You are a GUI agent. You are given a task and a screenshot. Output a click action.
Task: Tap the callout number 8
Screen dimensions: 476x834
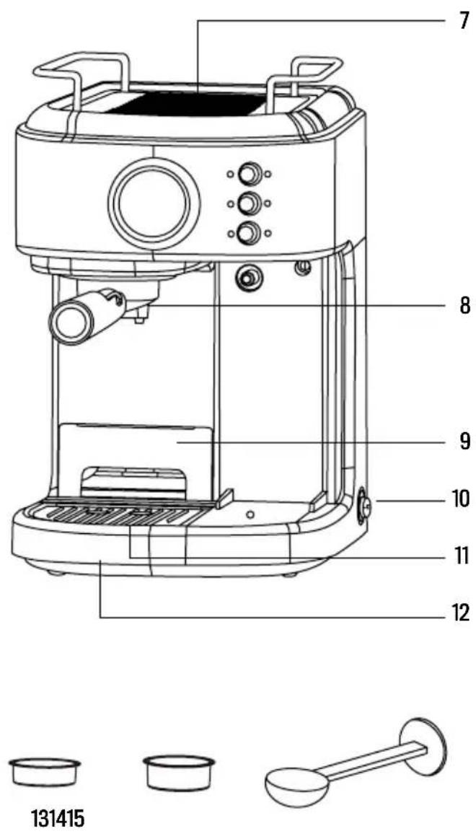click(x=464, y=306)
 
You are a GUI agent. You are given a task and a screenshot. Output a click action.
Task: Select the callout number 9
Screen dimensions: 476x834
click(x=464, y=441)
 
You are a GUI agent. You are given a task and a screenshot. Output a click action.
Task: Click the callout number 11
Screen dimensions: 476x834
click(x=460, y=556)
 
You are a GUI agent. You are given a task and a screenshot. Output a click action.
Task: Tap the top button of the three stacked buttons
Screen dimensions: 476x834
click(x=249, y=173)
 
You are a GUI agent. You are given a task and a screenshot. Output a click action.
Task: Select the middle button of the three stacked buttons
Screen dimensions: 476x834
click(x=249, y=203)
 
